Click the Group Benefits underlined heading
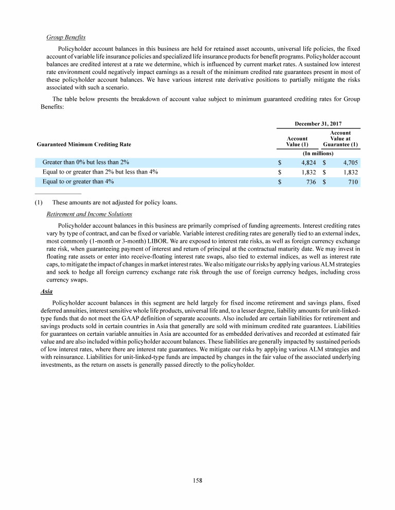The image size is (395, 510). coord(66,37)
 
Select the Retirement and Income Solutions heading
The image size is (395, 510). coord(89,214)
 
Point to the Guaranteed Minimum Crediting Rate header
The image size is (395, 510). coord(87,145)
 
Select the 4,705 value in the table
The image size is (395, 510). coord(347,163)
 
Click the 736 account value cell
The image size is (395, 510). coord(311,182)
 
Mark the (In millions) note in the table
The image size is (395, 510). coord(317,154)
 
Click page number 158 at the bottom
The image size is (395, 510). coord(197,481)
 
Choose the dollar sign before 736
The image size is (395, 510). coord(280,182)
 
